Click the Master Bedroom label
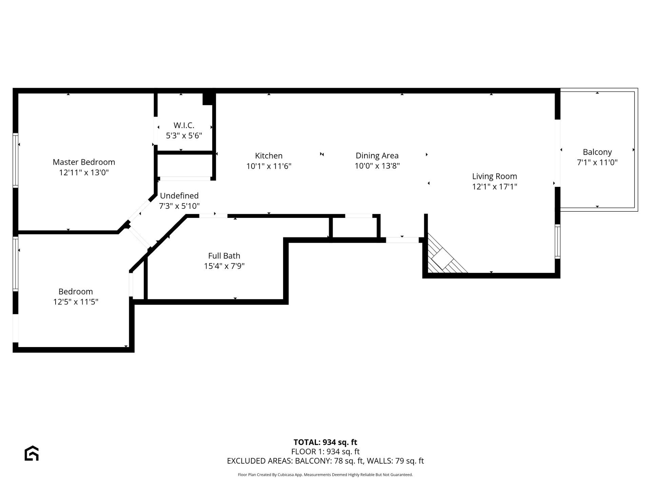point(84,162)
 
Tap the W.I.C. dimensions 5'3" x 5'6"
point(184,136)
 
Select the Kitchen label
point(269,156)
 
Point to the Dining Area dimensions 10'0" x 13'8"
point(377,166)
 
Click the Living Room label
point(494,176)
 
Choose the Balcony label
point(597,152)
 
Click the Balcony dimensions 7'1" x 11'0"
point(597,162)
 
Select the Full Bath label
point(224,256)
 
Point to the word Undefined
point(179,196)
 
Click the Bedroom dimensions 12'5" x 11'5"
point(76,302)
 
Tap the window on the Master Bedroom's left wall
point(15,160)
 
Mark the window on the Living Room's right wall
point(557,241)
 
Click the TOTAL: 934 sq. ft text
point(325,442)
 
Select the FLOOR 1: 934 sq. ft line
point(325,451)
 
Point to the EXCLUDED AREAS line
point(325,461)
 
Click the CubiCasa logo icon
point(32,453)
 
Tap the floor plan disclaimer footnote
point(325,475)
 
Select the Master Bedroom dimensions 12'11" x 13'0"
point(84,172)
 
